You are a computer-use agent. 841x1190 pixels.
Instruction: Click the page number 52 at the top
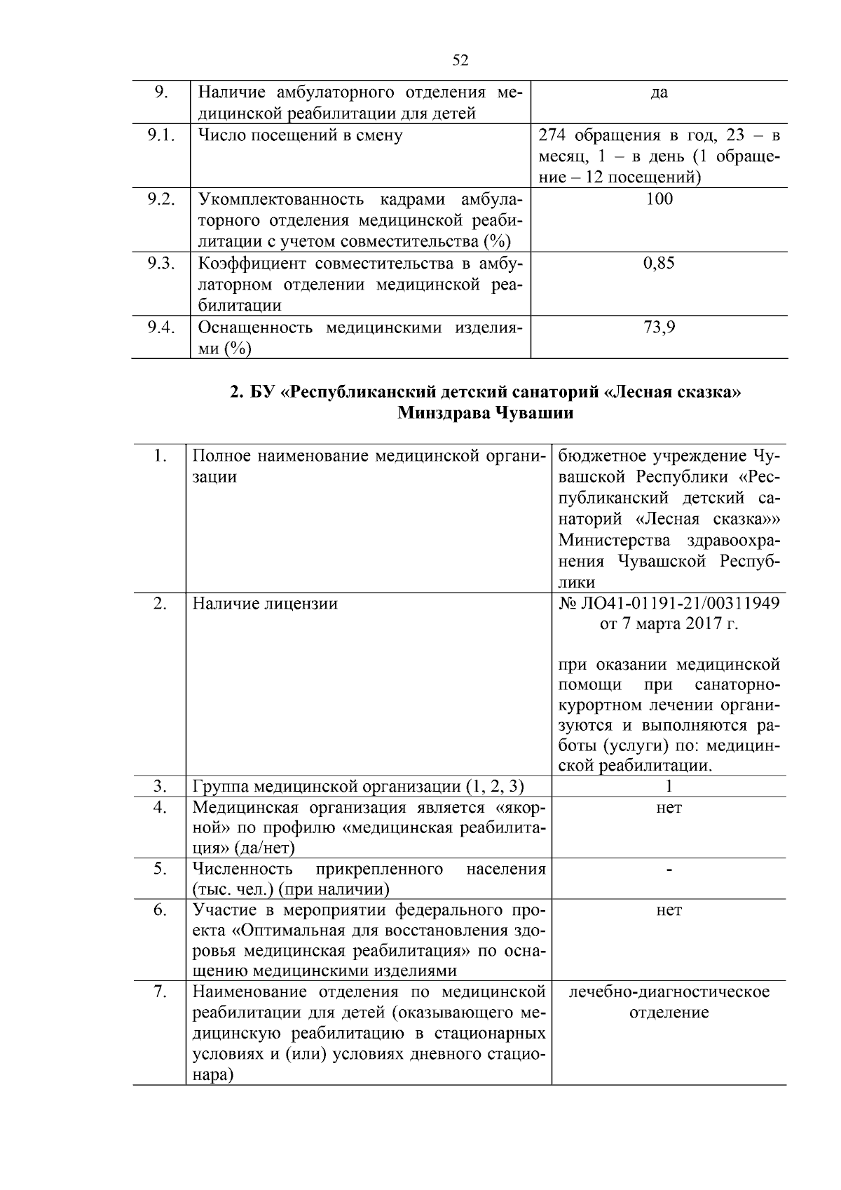click(460, 60)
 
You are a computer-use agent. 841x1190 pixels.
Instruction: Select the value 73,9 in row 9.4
click(659, 327)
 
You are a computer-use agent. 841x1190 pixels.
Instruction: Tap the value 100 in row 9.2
click(659, 199)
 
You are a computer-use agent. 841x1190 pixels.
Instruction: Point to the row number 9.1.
click(160, 135)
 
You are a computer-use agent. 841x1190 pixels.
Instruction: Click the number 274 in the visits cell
click(553, 135)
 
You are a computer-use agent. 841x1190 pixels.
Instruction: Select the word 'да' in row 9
click(659, 93)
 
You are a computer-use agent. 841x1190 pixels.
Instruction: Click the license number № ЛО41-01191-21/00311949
click(669, 603)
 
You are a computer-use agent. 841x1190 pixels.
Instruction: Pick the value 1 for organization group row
click(669, 786)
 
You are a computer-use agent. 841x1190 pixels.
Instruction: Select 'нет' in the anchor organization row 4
click(669, 808)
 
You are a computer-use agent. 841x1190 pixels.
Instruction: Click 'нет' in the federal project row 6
click(669, 910)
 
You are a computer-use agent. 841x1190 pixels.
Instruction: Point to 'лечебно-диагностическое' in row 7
click(669, 992)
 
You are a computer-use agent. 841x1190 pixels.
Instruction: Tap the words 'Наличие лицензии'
click(265, 603)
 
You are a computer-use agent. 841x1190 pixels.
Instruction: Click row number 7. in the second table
click(160, 992)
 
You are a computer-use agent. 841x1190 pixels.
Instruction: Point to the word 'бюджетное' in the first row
click(602, 457)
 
